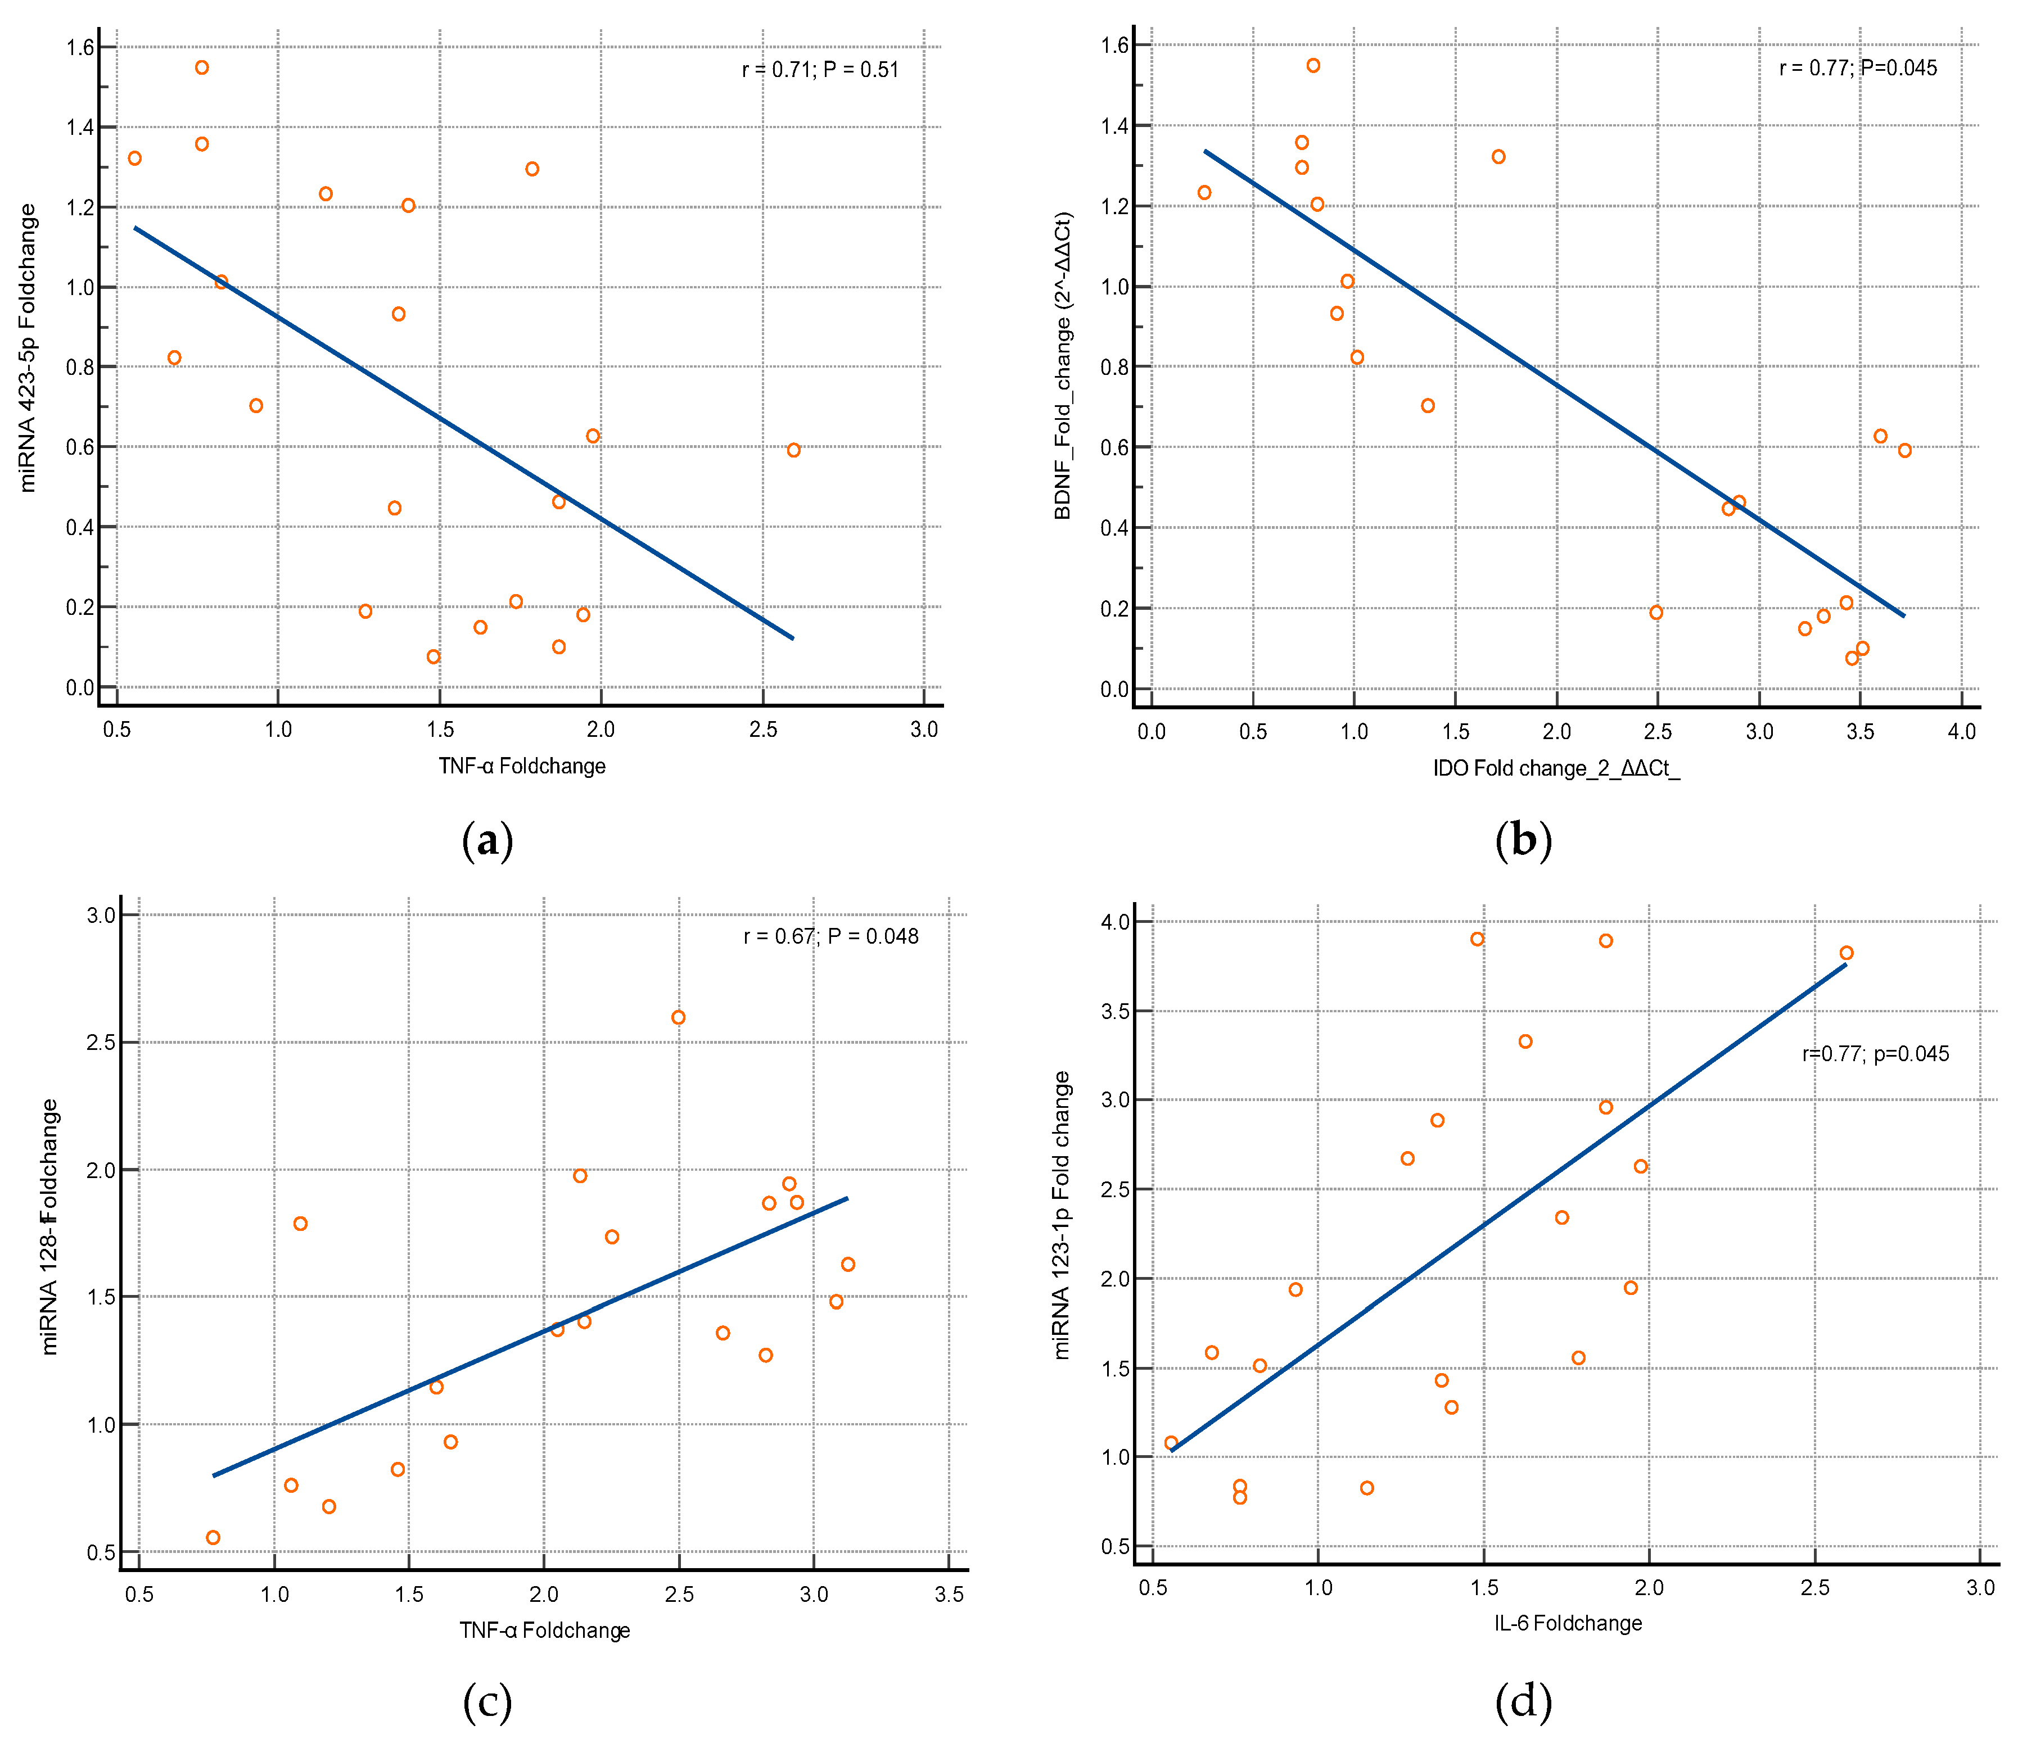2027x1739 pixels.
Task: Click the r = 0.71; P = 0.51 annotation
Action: tap(820, 70)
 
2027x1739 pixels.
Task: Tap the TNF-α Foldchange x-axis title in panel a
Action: tap(521, 766)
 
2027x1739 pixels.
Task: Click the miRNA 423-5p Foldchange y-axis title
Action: tap(28, 347)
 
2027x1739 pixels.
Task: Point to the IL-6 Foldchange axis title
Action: tap(1567, 1624)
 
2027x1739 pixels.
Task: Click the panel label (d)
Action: tap(1523, 1702)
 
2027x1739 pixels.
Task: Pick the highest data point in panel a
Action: tap(201, 67)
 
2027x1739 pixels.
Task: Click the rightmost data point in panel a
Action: tap(793, 450)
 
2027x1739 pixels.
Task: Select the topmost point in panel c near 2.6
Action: tap(678, 1017)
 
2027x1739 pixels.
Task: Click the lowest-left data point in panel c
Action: tap(213, 1538)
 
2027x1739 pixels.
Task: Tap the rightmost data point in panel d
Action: tap(1846, 953)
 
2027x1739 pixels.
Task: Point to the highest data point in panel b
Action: tap(1313, 66)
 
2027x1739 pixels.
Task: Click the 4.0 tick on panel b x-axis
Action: tap(1961, 732)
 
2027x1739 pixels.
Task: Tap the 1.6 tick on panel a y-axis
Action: tap(80, 47)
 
